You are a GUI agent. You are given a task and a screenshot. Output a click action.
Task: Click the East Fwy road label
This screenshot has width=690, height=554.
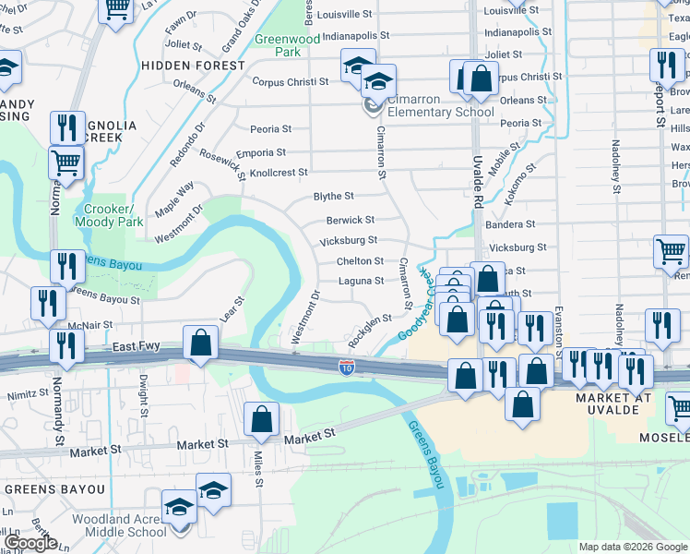pos(137,346)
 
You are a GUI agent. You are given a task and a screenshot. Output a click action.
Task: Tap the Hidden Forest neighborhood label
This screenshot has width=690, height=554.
pos(194,66)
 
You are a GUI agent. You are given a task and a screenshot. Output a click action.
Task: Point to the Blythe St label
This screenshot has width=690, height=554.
pos(334,196)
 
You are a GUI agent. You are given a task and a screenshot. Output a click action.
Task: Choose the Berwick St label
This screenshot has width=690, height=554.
pos(351,220)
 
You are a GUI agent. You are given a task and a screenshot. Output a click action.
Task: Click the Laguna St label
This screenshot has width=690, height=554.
pos(361,281)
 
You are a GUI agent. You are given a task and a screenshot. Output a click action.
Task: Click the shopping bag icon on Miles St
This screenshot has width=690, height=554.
pos(263,417)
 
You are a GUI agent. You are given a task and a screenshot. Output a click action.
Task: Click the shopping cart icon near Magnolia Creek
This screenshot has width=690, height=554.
pos(66,163)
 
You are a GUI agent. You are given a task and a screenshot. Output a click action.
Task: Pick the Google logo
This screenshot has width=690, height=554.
pos(30,543)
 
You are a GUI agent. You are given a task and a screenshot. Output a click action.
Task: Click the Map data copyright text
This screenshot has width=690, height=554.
pos(631,547)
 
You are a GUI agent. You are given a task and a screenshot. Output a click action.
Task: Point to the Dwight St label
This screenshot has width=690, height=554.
pos(143,391)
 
